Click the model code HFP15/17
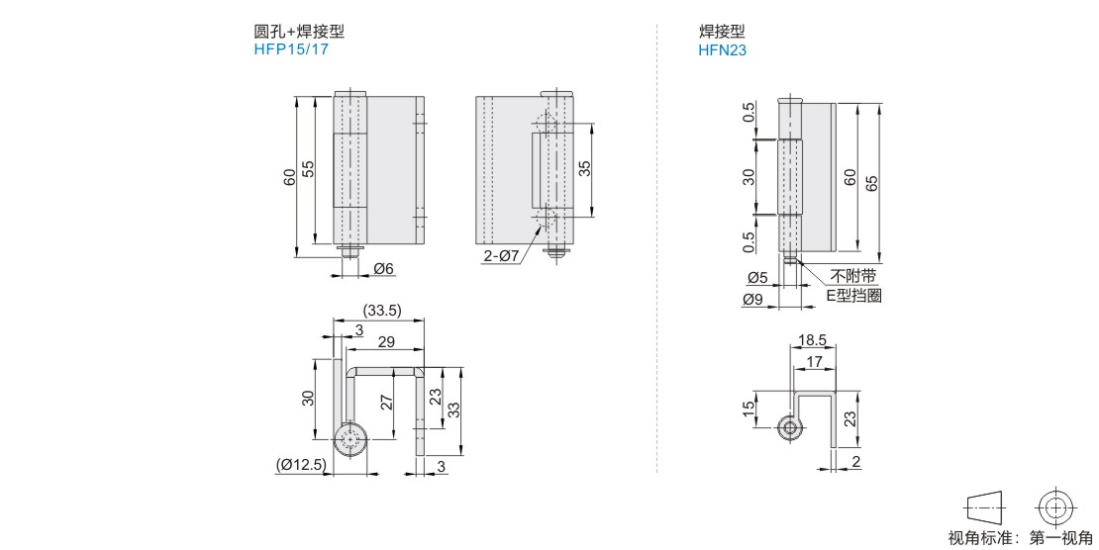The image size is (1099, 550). [x=291, y=49]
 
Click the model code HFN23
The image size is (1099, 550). [x=722, y=49]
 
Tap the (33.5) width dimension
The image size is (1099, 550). [x=381, y=311]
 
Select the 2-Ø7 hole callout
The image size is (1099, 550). [x=501, y=256]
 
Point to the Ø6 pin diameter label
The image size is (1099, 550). [x=383, y=268]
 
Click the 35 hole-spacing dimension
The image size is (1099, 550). [x=584, y=168]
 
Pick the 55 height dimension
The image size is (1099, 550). [x=308, y=169]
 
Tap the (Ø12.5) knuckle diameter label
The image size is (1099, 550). [x=301, y=465]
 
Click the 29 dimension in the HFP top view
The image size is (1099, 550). [x=386, y=342]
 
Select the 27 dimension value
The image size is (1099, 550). [x=386, y=403]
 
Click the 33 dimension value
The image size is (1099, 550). [x=453, y=410]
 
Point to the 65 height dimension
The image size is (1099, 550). [x=871, y=184]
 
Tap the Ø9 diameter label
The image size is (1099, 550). [x=751, y=300]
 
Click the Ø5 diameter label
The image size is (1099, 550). [x=757, y=278]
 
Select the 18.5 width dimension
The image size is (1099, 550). [x=812, y=340]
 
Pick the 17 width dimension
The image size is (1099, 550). [x=814, y=361]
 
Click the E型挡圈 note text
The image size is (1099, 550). [x=853, y=296]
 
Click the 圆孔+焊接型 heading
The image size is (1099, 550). [x=299, y=32]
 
